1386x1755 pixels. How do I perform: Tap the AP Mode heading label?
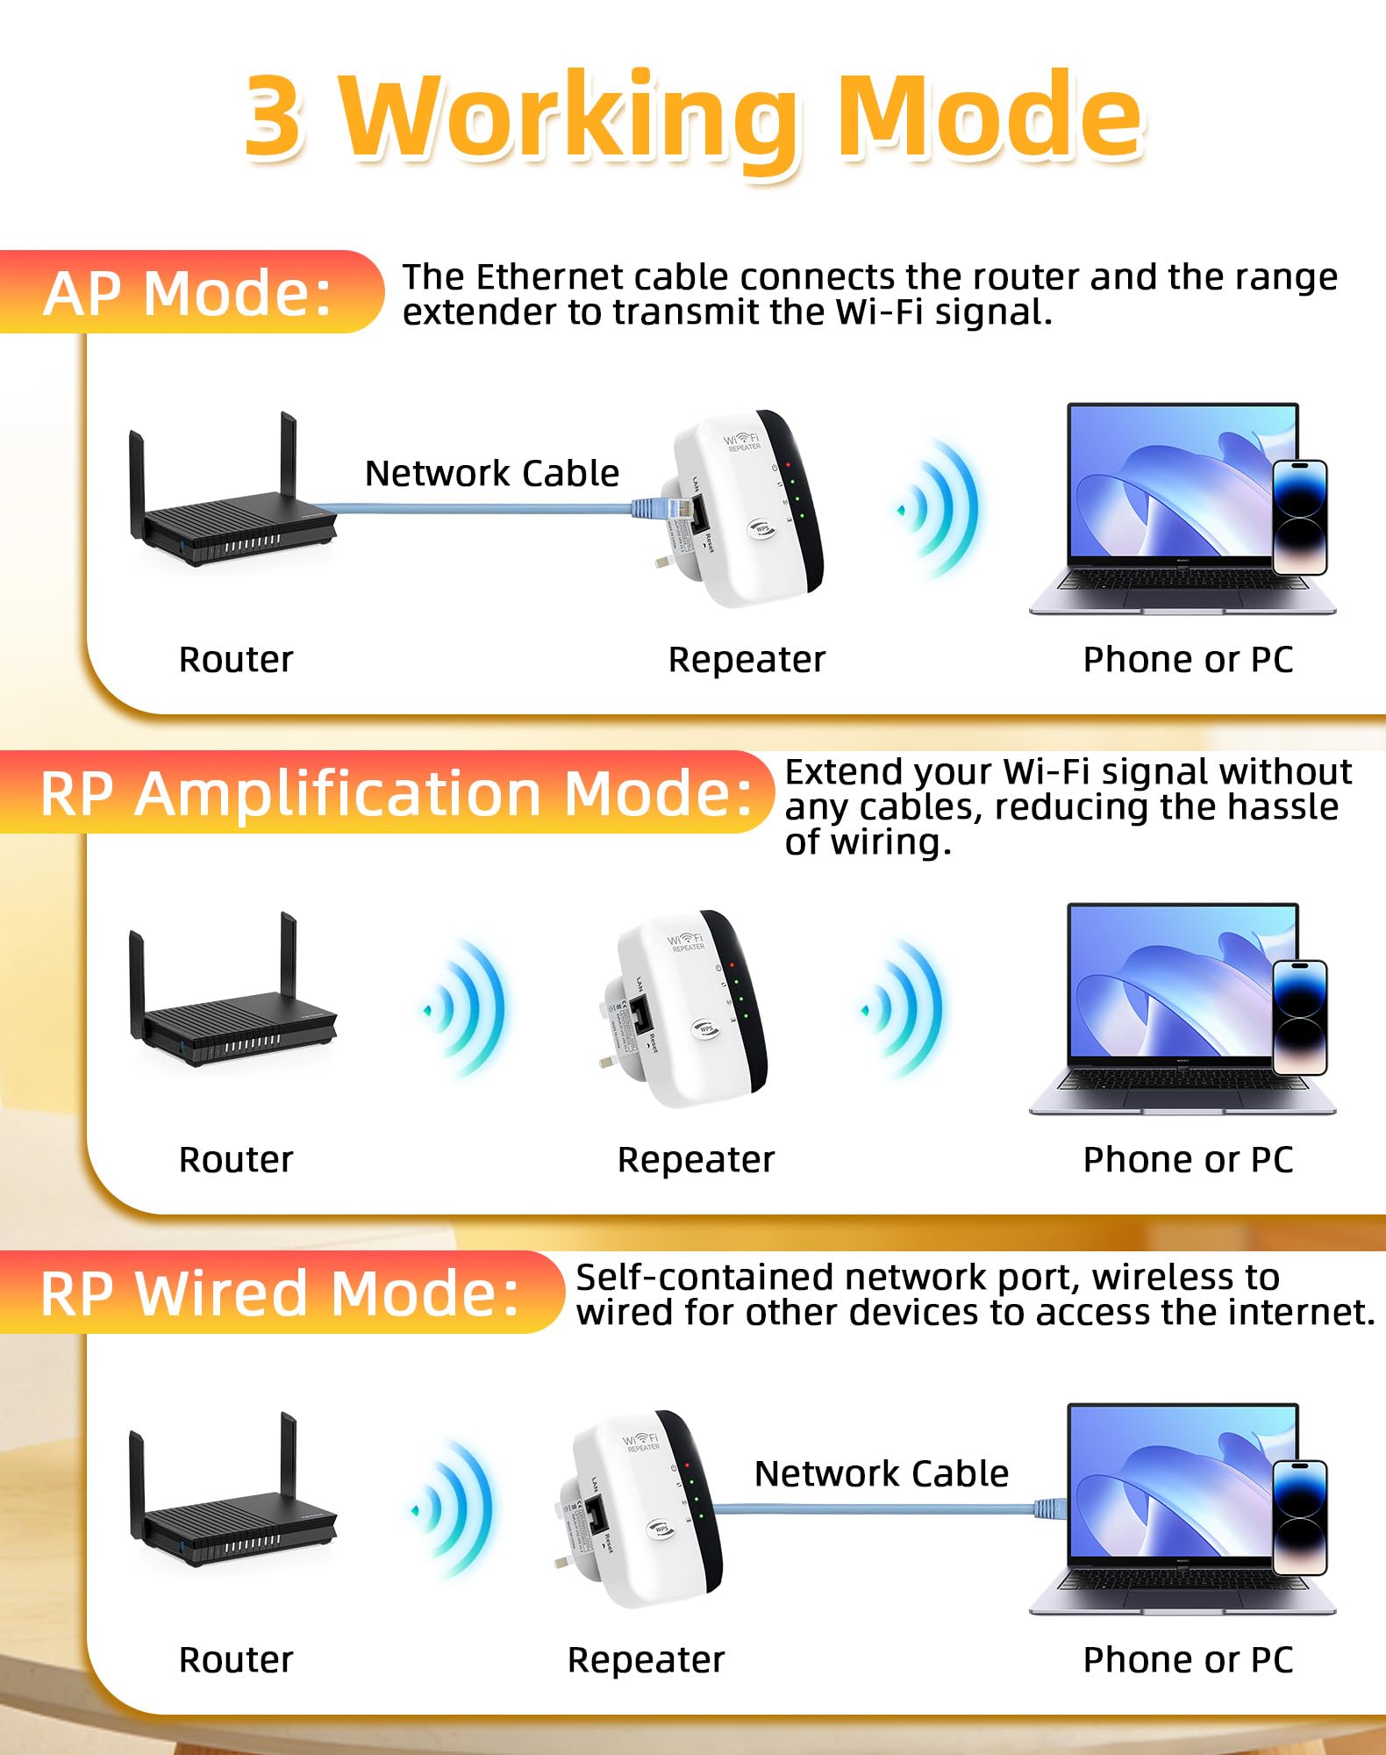(188, 292)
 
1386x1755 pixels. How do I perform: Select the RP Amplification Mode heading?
(396, 793)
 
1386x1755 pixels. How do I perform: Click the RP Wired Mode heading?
(280, 1293)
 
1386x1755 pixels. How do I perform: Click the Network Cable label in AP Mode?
(491, 474)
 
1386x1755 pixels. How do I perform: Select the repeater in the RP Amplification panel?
(689, 1009)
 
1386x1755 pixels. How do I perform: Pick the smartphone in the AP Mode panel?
(1299, 517)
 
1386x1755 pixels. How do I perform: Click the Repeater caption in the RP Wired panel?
(646, 1660)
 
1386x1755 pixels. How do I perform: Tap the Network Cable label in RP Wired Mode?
(881, 1474)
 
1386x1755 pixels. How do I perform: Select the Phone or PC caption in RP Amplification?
(1188, 1160)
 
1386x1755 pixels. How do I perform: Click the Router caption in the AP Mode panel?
(236, 660)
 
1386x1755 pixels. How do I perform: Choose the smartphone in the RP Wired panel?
(1299, 1517)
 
